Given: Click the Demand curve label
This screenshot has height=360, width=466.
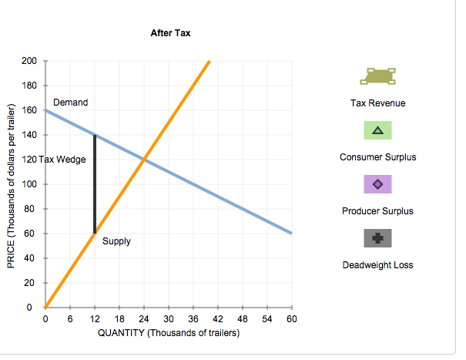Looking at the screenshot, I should (x=70, y=103).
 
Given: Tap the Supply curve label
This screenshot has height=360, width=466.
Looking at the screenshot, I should (x=116, y=241).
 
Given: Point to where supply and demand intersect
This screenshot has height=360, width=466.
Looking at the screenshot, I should (x=144, y=160).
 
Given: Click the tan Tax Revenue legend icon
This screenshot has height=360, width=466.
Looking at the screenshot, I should (x=377, y=76).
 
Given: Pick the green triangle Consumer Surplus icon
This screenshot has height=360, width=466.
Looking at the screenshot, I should (x=377, y=130).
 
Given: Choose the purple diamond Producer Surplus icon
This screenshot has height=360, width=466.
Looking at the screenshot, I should (x=377, y=184).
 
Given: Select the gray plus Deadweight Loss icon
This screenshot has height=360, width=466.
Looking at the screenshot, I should (x=377, y=238).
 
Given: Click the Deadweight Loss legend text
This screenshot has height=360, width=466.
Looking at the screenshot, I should (x=377, y=265).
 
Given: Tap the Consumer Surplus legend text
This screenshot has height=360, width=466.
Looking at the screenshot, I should (x=377, y=157).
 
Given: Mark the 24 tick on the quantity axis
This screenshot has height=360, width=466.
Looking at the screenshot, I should (x=144, y=319).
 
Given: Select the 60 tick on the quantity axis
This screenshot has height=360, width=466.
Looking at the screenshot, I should (x=291, y=319).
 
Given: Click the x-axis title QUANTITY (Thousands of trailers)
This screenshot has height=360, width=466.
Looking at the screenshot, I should (x=169, y=333).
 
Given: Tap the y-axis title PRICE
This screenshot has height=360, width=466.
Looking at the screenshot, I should (x=11, y=184).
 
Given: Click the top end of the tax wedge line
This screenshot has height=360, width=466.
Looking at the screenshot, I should (x=95, y=135).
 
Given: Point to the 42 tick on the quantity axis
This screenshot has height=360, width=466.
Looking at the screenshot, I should (x=217, y=319).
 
